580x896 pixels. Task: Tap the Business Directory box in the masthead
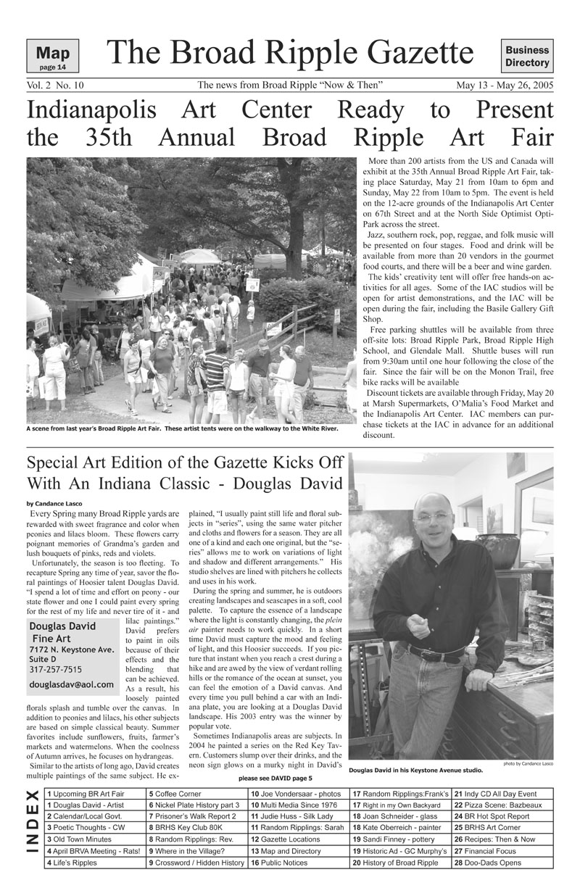click(x=527, y=57)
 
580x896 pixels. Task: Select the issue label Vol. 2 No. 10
click(x=55, y=86)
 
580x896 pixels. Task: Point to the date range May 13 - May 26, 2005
click(x=505, y=86)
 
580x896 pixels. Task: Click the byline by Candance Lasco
click(x=54, y=503)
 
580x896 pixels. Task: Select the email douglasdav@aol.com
click(x=72, y=684)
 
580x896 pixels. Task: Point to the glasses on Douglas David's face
click(x=434, y=516)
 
